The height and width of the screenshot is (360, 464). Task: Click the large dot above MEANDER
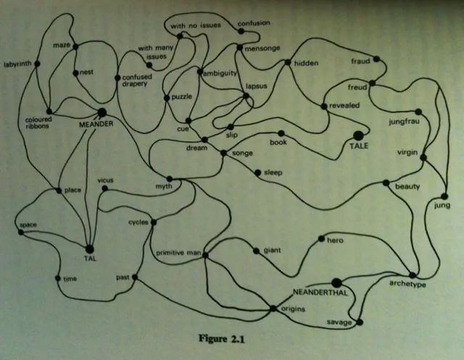(101, 112)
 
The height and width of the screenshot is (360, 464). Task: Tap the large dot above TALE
(357, 135)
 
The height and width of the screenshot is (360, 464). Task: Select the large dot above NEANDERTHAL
(336, 282)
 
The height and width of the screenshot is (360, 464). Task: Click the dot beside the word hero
(320, 239)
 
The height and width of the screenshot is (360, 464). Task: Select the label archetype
(407, 285)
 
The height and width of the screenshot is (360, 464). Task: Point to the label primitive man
(177, 253)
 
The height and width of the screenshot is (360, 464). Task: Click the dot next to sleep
(257, 172)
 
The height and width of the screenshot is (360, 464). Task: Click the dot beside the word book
(281, 133)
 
